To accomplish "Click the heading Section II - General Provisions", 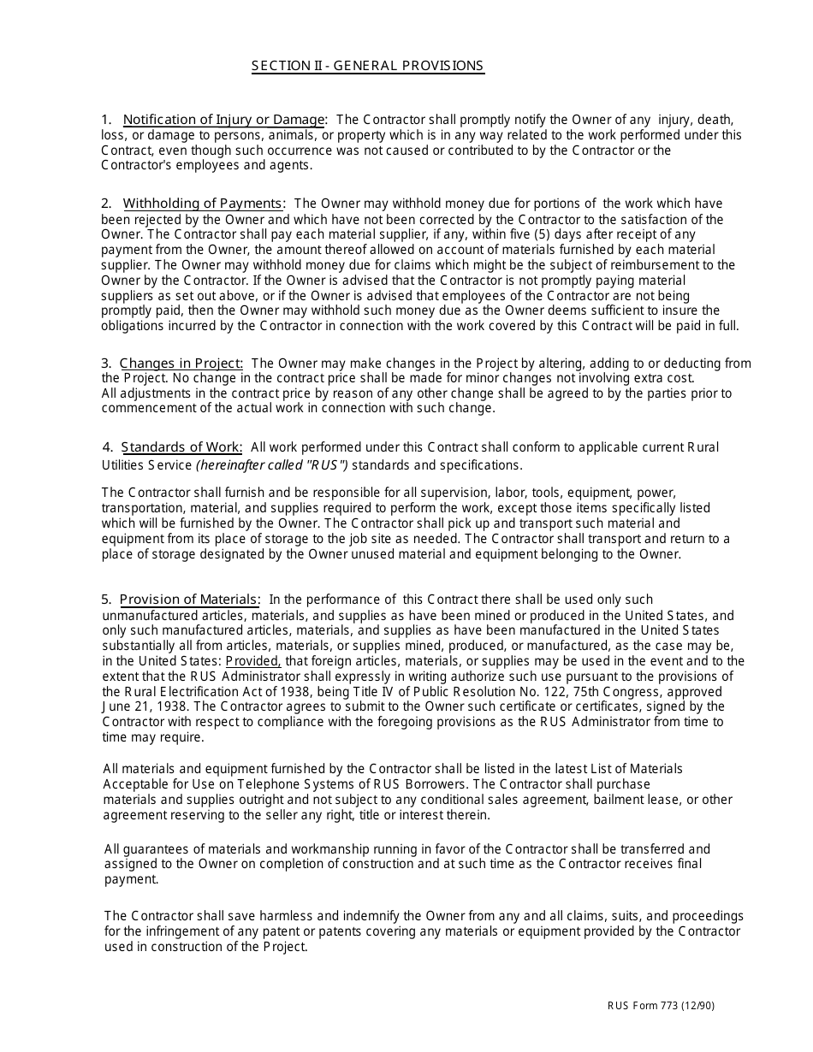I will pyautogui.click(x=368, y=66).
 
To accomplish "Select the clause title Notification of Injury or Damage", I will pyautogui.click(x=224, y=120).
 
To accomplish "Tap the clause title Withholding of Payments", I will pyautogui.click(x=204, y=204).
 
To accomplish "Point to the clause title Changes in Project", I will pyautogui.click(x=181, y=363).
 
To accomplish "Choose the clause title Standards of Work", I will pyautogui.click(x=181, y=447).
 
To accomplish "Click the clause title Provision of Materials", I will pyautogui.click(x=189, y=600).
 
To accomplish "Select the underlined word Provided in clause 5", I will pyautogui.click(x=252, y=661).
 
